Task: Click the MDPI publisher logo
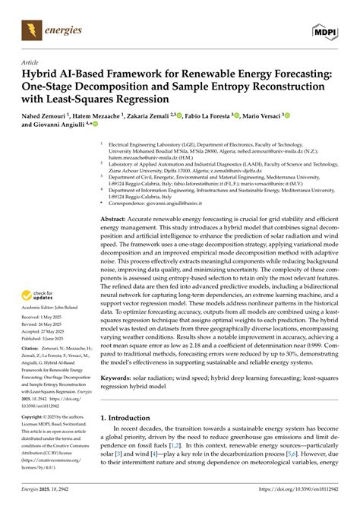coord(324,31)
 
